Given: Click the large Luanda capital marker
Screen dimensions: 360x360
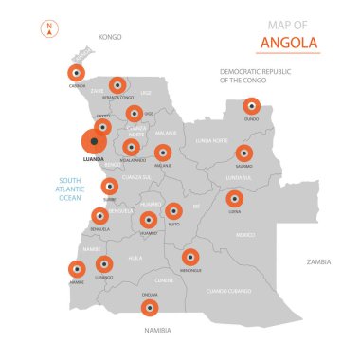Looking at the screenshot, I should [x=94, y=141].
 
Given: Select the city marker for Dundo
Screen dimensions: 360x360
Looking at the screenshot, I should [x=251, y=106].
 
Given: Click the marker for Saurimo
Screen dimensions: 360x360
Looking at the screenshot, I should [x=244, y=153].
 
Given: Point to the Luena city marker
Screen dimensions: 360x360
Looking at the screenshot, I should [x=235, y=199].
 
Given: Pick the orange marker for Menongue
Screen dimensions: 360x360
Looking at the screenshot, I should [x=190, y=256].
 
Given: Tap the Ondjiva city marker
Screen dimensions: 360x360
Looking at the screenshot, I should [x=150, y=306].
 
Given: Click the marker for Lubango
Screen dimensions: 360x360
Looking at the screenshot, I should [x=104, y=263].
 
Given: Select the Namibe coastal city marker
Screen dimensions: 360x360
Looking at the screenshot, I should [x=77, y=269].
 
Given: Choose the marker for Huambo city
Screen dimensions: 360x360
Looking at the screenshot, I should [x=148, y=220].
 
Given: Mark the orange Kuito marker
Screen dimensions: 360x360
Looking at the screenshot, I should [x=174, y=210].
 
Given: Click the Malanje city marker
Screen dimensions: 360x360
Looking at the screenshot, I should [x=163, y=153].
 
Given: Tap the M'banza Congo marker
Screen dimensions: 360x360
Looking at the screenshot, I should [x=117, y=85].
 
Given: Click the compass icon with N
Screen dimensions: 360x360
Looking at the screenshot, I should [x=48, y=29].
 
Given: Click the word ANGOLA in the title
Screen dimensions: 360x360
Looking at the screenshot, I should [x=290, y=43].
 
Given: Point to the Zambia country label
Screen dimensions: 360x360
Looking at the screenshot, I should [x=318, y=261].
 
